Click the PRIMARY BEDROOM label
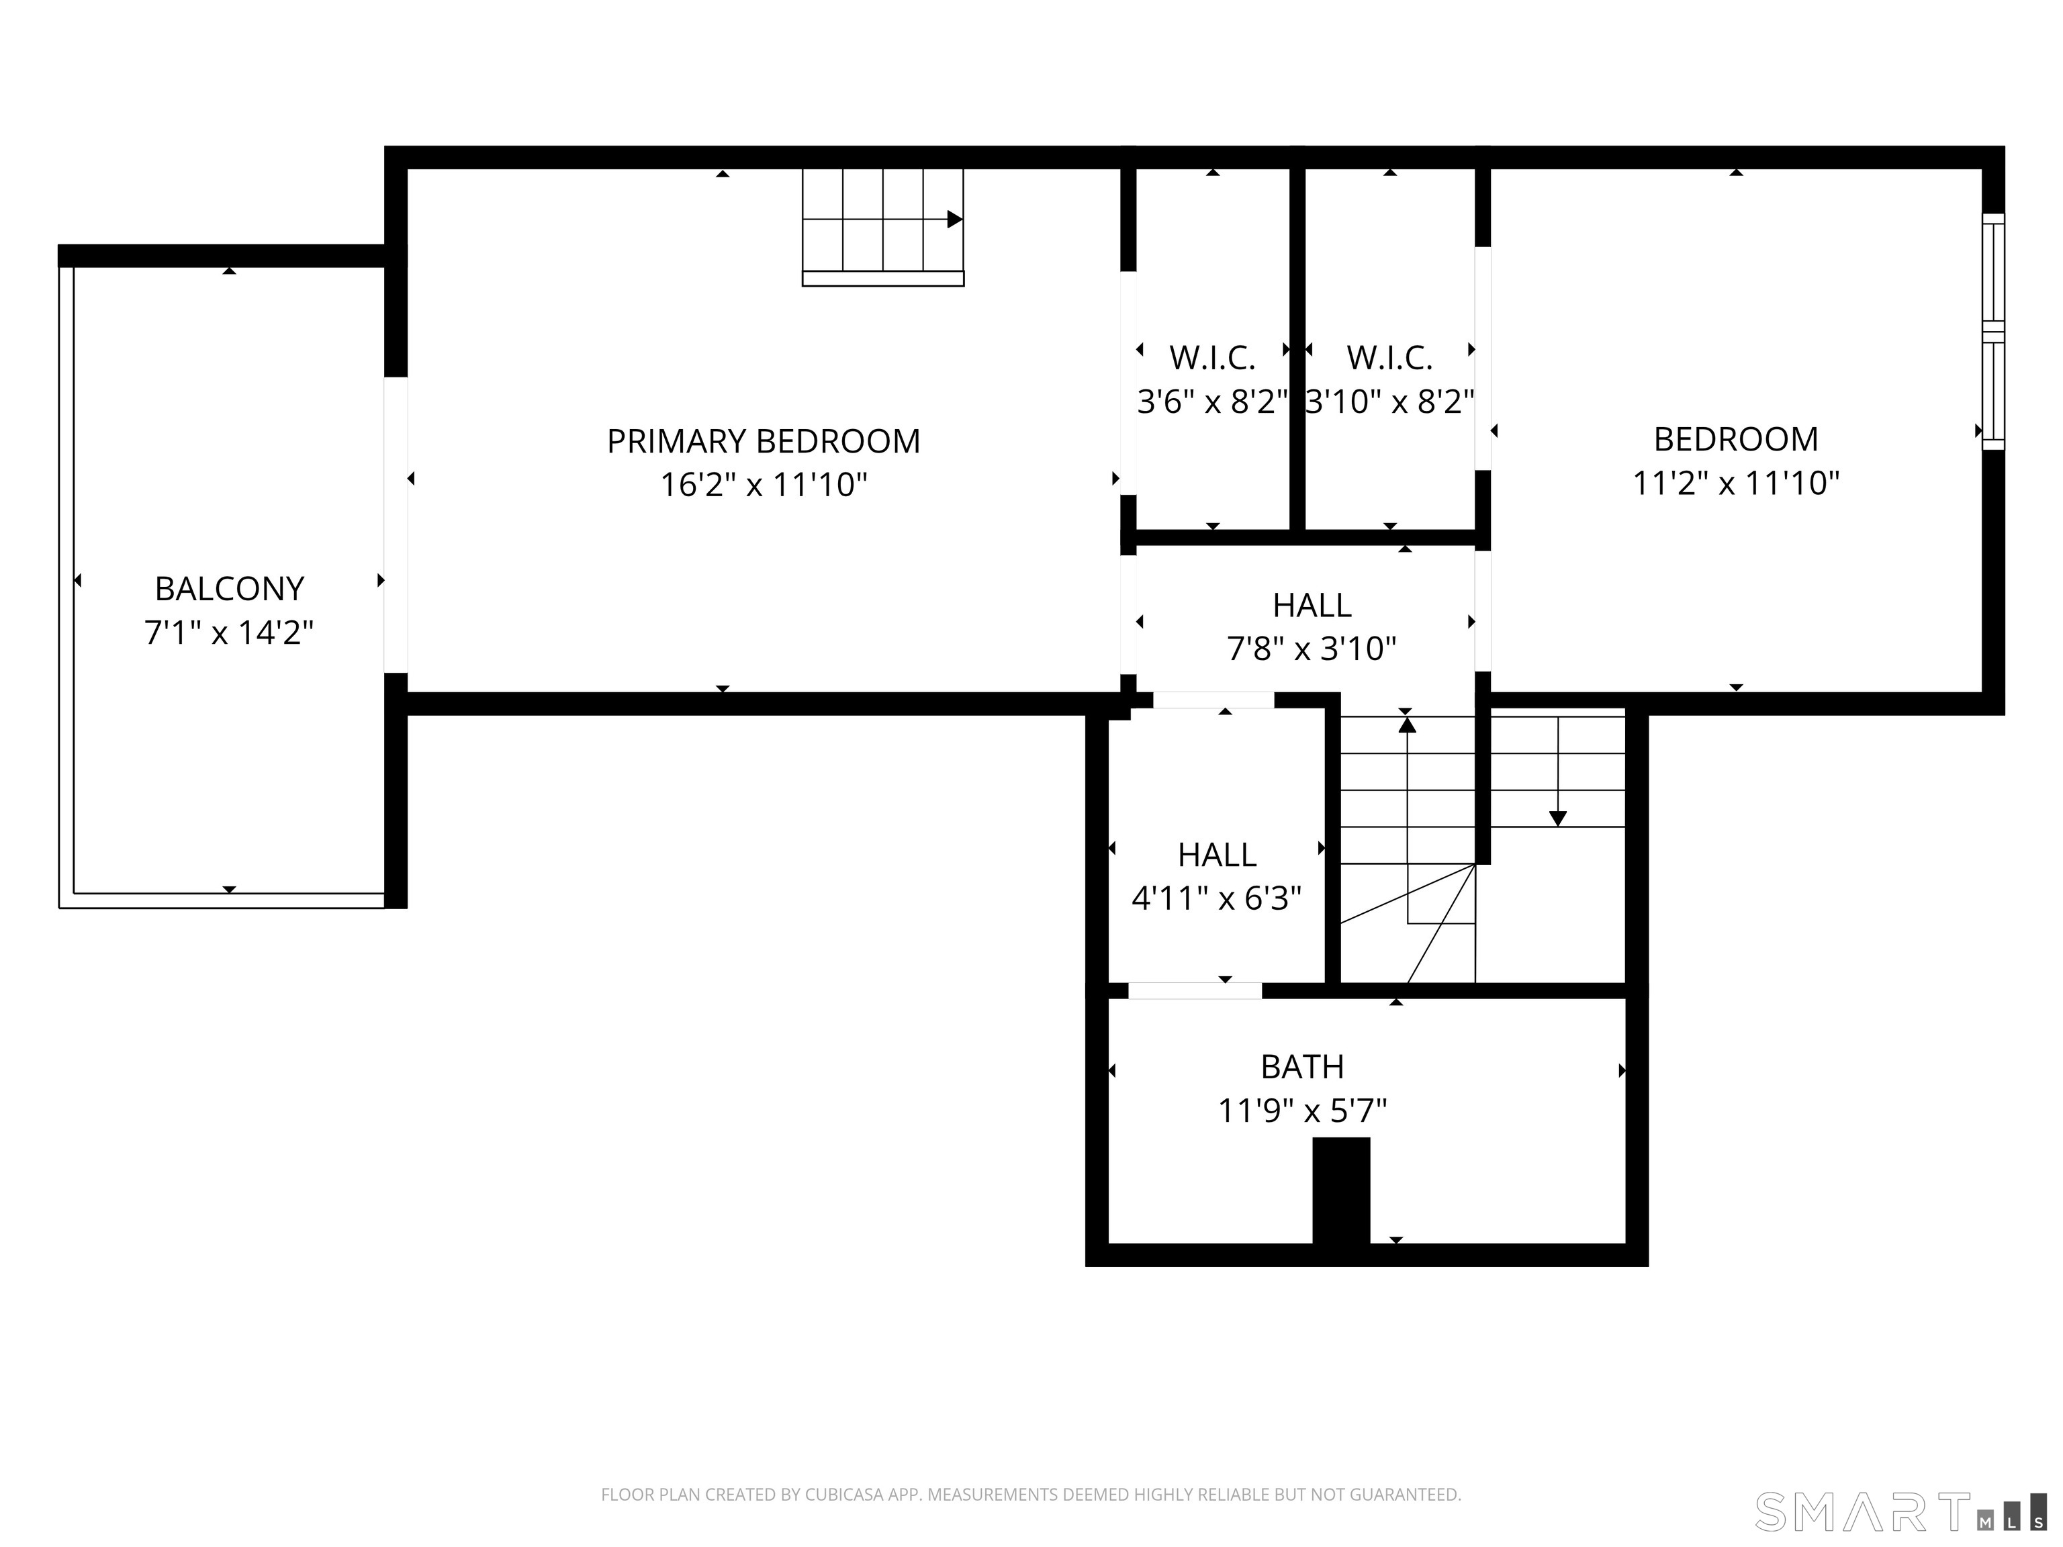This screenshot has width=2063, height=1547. (x=763, y=441)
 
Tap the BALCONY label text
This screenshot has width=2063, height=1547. (x=230, y=588)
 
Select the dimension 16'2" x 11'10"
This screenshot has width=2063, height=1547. (x=763, y=485)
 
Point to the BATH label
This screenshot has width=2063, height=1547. (x=1302, y=1066)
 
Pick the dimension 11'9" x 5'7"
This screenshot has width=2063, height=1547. (x=1302, y=1111)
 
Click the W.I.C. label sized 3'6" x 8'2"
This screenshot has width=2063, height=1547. (x=1212, y=357)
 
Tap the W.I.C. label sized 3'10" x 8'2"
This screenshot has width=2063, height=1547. (x=1389, y=357)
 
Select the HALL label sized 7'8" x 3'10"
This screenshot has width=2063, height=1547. (x=1312, y=605)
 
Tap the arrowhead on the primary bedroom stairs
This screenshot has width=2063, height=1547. (x=955, y=219)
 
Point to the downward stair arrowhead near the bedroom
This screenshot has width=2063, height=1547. (x=1557, y=818)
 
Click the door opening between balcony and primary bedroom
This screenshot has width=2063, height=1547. (x=396, y=524)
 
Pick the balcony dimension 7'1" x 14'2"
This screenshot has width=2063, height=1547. (x=230, y=633)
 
